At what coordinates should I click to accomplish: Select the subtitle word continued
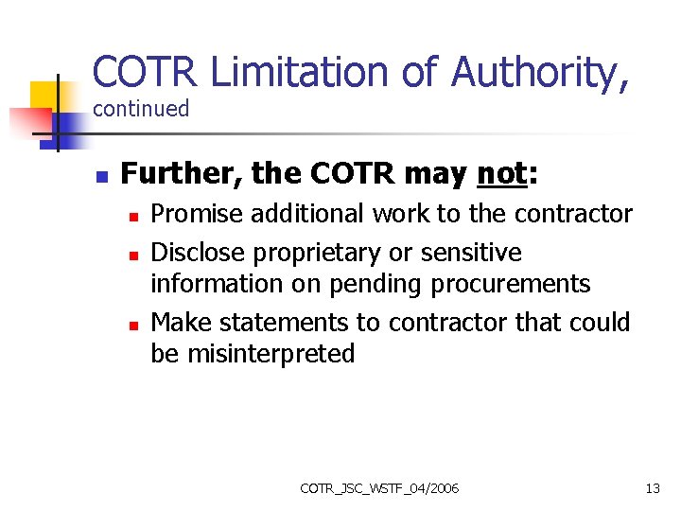pyautogui.click(x=141, y=109)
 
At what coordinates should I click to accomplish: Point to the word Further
pyautogui.click(x=180, y=175)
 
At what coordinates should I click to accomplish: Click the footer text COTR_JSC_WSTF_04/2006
pyautogui.click(x=379, y=488)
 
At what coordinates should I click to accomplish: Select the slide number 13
pyautogui.click(x=653, y=488)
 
